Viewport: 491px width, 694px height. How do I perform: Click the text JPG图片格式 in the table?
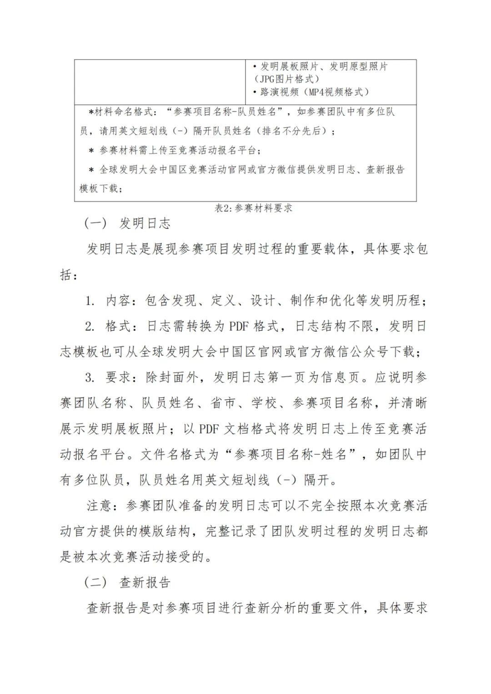[x=287, y=79]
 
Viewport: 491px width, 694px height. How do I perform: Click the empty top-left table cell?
[x=160, y=82]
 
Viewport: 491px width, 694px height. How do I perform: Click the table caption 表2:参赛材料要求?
[x=253, y=208]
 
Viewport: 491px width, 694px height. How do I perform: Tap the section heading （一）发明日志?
[x=127, y=223]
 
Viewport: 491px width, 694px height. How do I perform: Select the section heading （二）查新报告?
[x=127, y=582]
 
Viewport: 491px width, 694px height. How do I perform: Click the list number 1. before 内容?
[x=90, y=300]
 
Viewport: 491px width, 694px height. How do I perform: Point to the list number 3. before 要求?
[x=90, y=377]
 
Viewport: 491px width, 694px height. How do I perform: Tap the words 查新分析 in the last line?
[x=271, y=608]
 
